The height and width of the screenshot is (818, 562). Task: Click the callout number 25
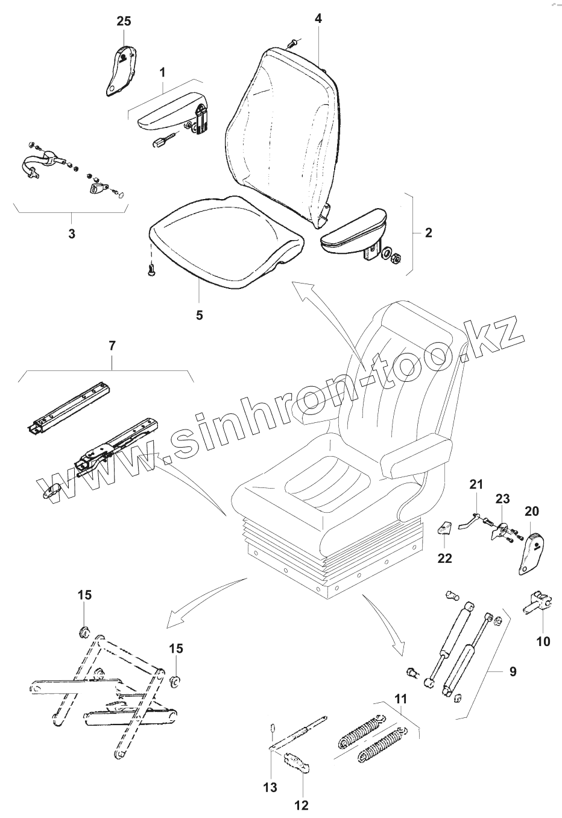pos(123,21)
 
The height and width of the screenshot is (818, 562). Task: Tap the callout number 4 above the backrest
pos(318,19)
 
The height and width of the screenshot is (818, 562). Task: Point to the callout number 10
pos(543,641)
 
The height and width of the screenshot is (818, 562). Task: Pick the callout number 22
pos(444,558)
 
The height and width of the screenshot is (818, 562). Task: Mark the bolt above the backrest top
pos(293,43)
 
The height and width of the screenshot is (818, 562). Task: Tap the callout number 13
pos(270,787)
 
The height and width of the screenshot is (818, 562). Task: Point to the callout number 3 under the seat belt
pos(71,234)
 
